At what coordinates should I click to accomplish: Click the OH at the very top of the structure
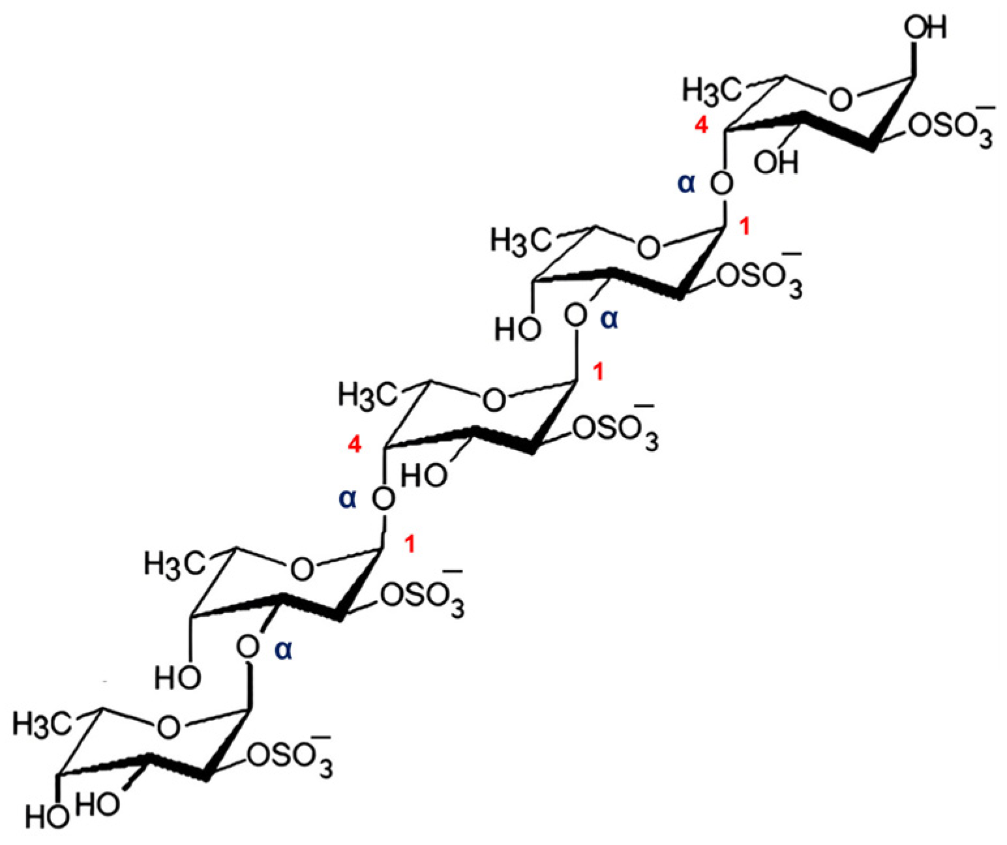click(925, 29)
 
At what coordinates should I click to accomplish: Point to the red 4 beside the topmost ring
click(701, 127)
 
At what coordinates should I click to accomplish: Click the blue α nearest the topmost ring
click(687, 185)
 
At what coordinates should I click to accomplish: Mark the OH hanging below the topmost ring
click(775, 161)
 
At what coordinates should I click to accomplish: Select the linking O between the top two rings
click(721, 185)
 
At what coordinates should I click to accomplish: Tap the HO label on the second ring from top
click(517, 329)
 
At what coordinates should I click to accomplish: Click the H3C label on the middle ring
click(367, 394)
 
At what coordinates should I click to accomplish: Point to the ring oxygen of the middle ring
click(494, 400)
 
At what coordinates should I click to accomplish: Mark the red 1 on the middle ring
click(598, 373)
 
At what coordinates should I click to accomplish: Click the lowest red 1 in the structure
click(410, 543)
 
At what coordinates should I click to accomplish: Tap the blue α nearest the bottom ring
click(283, 649)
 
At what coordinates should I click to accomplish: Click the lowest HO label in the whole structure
click(48, 816)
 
